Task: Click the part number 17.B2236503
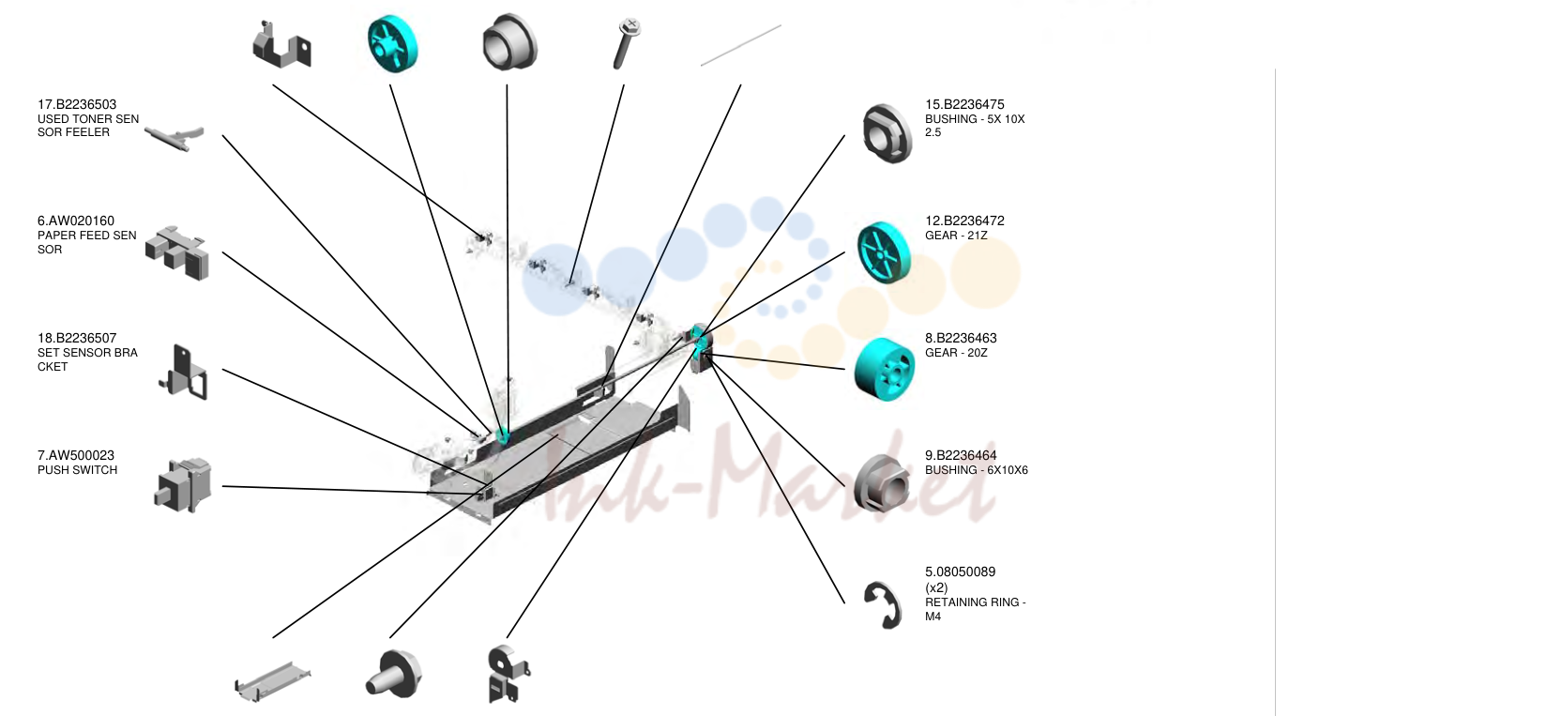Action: (x=77, y=104)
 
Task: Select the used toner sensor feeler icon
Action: (x=174, y=138)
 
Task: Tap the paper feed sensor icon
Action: (x=176, y=252)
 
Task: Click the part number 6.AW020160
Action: (x=76, y=221)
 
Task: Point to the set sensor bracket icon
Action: (x=183, y=373)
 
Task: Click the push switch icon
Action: (x=182, y=484)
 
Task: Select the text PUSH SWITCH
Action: (x=77, y=470)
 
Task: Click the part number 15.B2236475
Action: (x=964, y=104)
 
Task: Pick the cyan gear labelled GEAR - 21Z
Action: (x=884, y=252)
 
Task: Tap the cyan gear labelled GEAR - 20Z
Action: (x=885, y=369)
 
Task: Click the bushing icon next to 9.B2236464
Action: (x=881, y=483)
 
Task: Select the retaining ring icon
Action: (x=884, y=605)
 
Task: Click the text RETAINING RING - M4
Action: (x=975, y=609)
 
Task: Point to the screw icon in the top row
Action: (x=627, y=43)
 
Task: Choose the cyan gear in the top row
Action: (x=392, y=43)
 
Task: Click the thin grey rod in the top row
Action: (x=740, y=46)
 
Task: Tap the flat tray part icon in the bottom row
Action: (x=273, y=681)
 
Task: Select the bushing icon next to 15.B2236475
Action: (x=887, y=133)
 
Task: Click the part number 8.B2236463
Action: (x=961, y=338)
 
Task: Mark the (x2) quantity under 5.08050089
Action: (x=936, y=587)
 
